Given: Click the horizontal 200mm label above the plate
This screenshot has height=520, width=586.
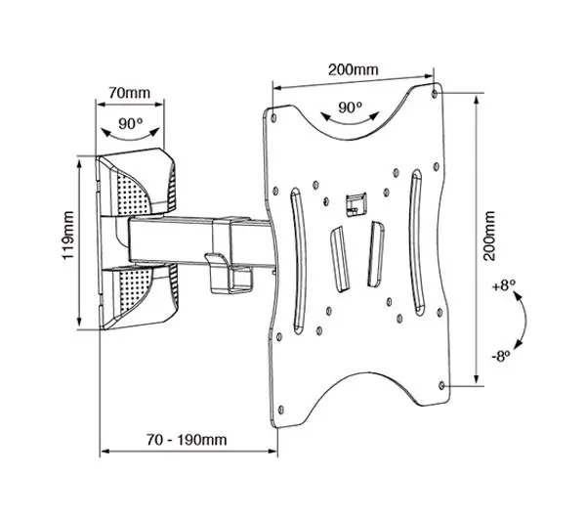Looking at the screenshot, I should coord(354,70).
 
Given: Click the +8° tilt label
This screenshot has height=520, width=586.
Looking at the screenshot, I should coord(501,289).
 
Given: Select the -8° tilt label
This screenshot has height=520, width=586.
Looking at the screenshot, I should coord(500,356).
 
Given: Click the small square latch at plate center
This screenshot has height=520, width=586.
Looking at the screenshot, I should coord(354,201).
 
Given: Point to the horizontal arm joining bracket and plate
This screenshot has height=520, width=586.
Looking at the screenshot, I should coord(195,240).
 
